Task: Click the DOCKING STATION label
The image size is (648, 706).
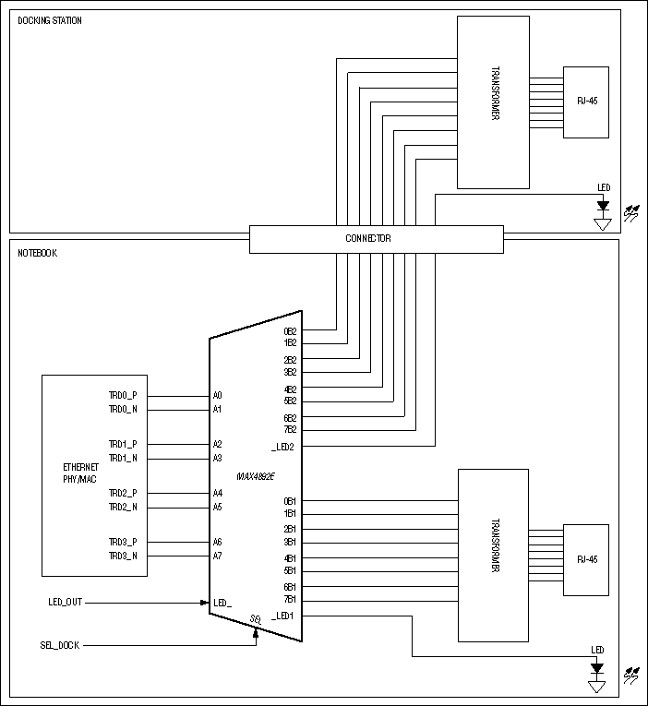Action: coord(50,20)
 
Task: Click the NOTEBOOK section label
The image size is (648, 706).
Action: coord(38,253)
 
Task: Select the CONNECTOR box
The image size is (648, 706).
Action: coord(376,239)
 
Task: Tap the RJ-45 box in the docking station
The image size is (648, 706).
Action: coord(585,101)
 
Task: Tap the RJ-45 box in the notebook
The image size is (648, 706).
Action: coord(585,559)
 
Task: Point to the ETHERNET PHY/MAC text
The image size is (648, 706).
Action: coord(79,473)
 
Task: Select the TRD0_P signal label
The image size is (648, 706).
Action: coord(122,395)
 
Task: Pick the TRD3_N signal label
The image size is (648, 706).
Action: coord(122,556)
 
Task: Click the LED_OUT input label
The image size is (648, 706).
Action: coord(66,603)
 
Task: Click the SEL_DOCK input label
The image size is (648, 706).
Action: coord(58,645)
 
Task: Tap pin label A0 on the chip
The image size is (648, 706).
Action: coord(218,395)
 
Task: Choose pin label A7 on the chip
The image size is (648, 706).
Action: coord(218,556)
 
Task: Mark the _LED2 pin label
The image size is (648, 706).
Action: coord(282,447)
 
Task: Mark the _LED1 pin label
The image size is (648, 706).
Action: coord(282,616)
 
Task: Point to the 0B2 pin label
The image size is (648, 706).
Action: coord(290,331)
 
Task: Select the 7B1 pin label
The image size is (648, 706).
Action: coord(290,600)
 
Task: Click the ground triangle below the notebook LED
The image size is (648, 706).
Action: coord(597,686)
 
